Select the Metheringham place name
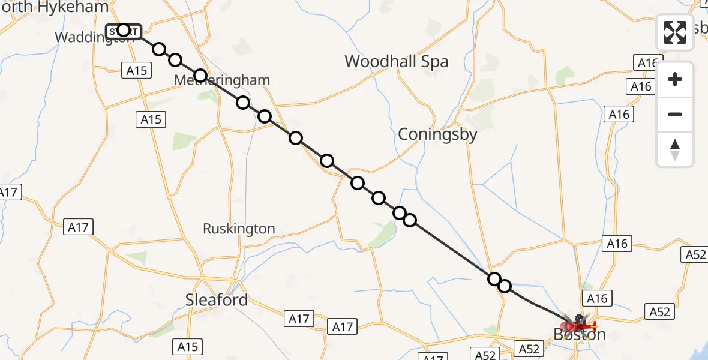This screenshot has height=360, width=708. [x=222, y=80]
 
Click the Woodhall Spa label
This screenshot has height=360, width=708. [x=396, y=62]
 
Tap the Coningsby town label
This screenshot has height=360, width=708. [x=437, y=134]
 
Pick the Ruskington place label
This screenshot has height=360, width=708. [x=239, y=229]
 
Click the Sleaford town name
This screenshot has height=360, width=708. [x=217, y=300]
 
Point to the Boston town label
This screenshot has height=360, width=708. [x=579, y=335]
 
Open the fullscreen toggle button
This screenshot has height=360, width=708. [x=675, y=32]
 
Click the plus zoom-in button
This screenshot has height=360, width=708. [x=675, y=79]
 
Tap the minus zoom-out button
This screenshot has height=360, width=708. [x=675, y=114]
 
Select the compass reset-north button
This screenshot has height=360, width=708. [x=675, y=149]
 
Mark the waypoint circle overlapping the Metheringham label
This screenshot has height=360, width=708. [x=200, y=76]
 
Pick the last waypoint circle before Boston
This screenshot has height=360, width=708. [x=505, y=286]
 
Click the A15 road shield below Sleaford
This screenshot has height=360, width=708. [x=188, y=346]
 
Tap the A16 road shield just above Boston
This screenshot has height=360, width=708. [x=597, y=298]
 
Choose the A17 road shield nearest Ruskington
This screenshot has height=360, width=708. [x=78, y=227]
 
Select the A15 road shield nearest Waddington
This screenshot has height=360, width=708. [x=136, y=71]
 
